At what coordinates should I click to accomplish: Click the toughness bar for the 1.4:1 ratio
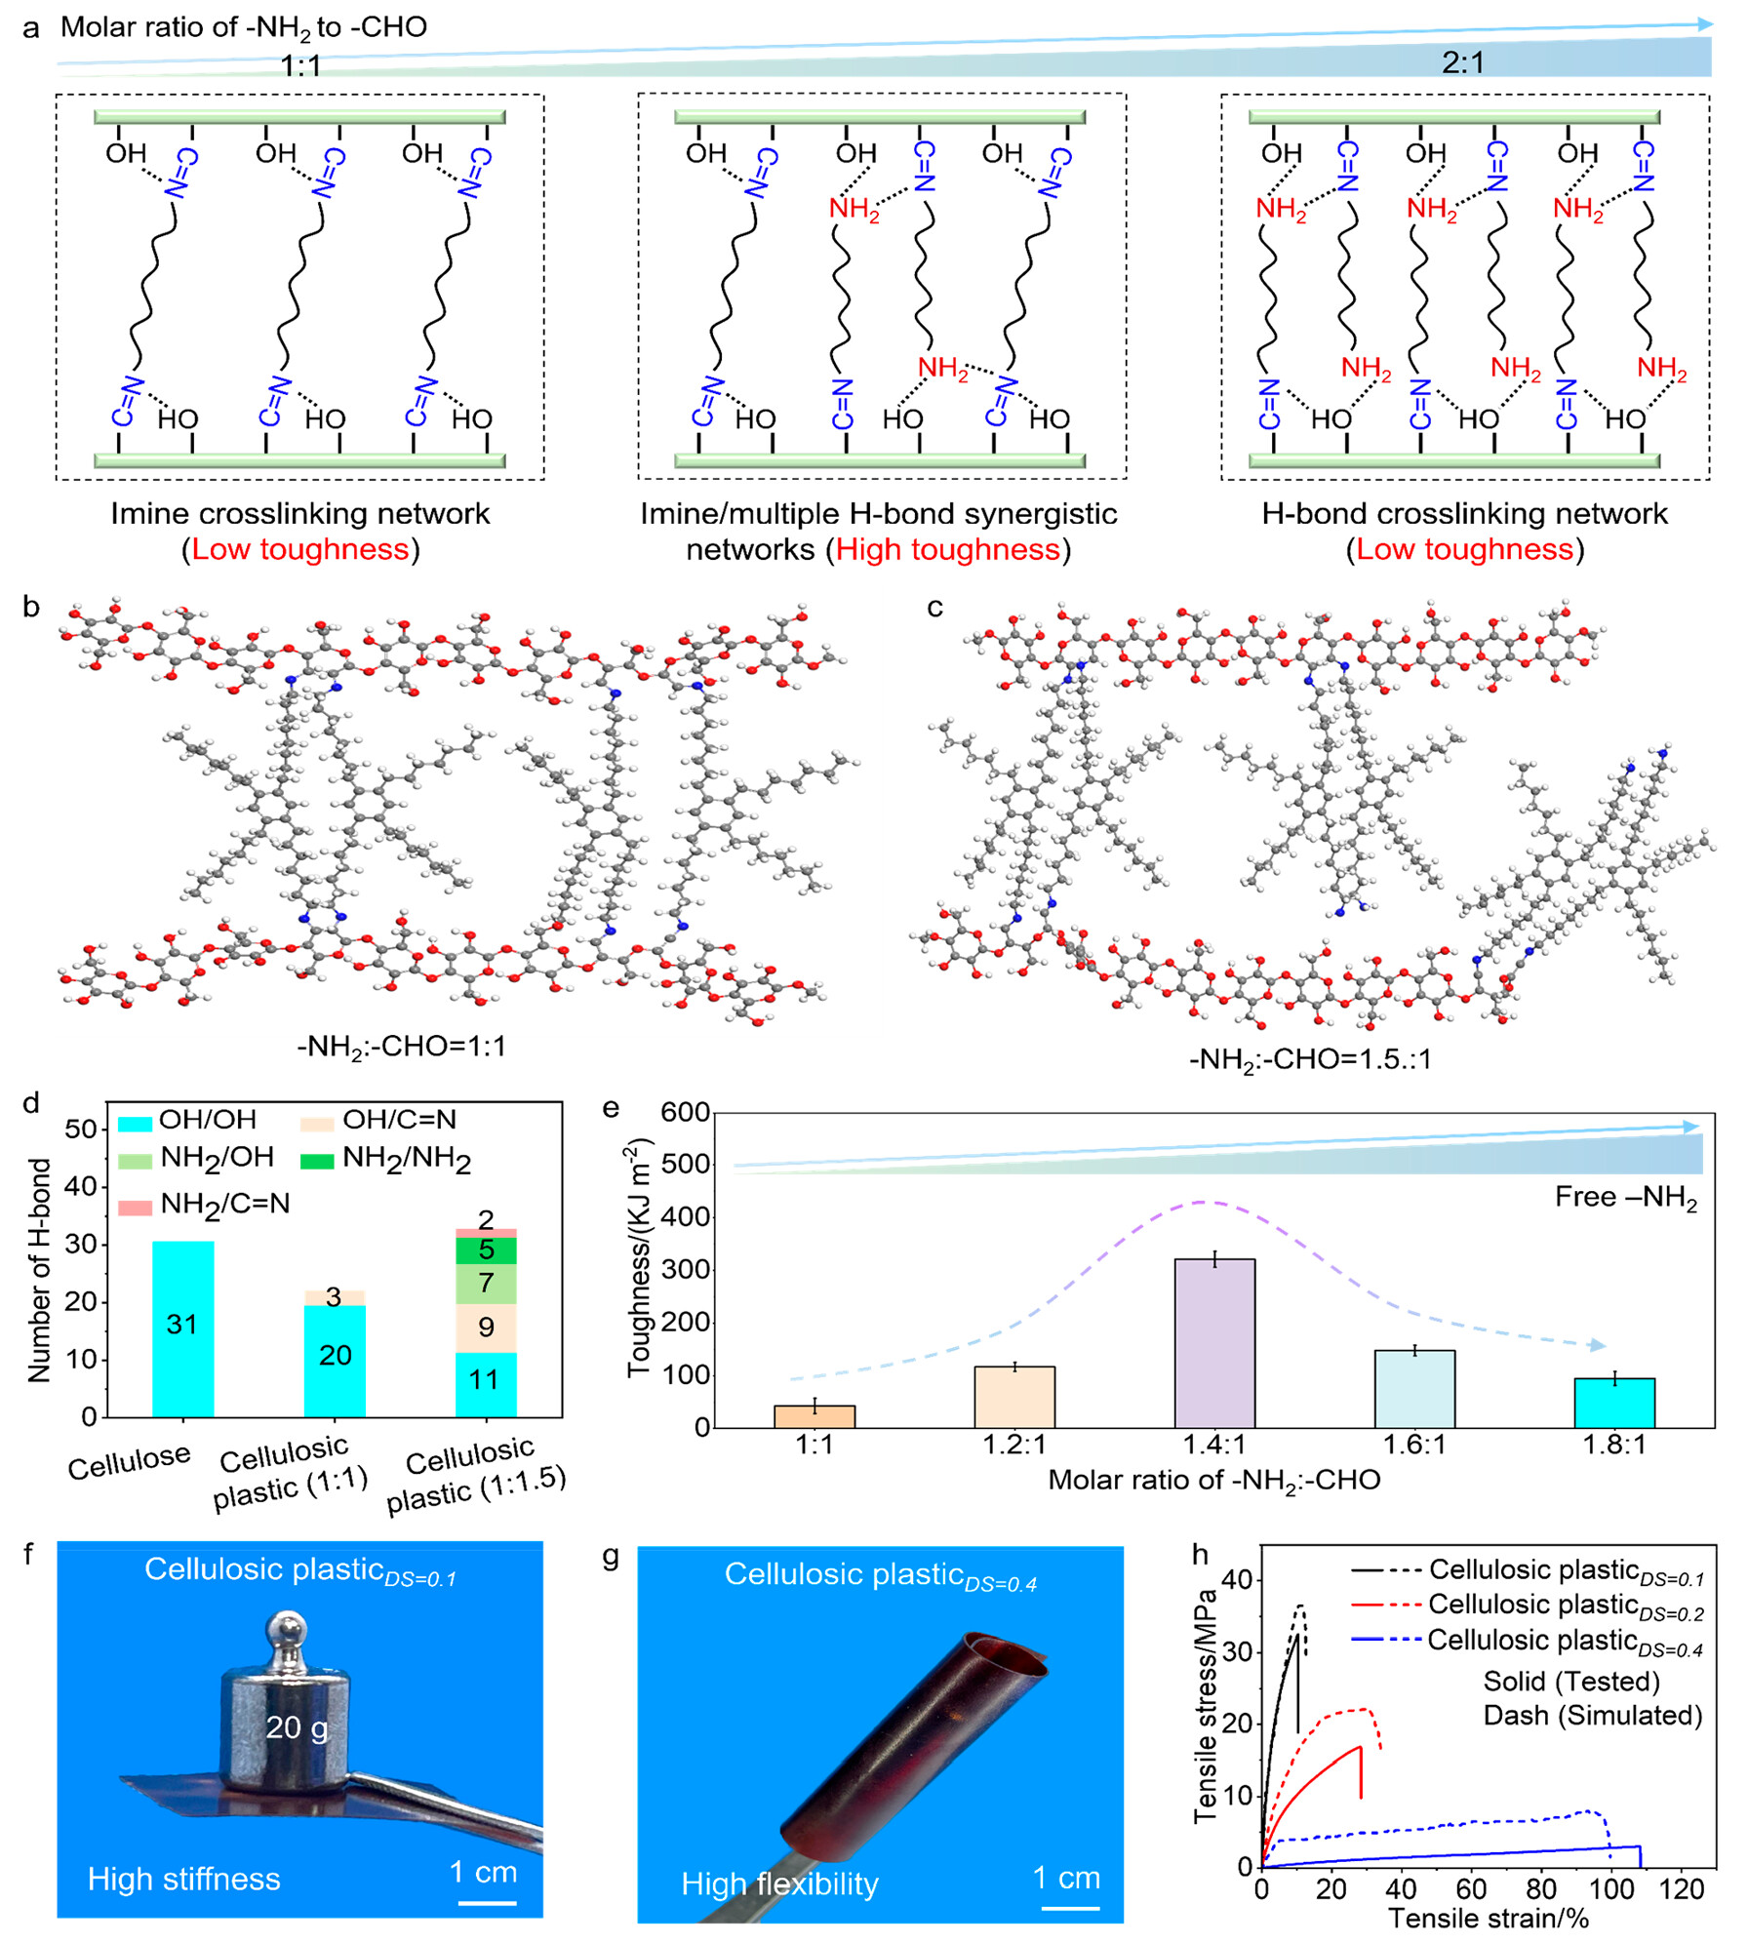point(1214,1343)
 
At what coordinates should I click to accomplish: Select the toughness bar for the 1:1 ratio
point(814,1416)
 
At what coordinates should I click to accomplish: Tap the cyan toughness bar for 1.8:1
point(1614,1403)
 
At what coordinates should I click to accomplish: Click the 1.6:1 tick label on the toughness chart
point(1414,1445)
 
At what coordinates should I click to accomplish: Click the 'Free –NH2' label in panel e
point(1626,1198)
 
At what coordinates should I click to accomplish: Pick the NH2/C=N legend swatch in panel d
point(136,1208)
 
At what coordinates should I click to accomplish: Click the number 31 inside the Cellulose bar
point(182,1325)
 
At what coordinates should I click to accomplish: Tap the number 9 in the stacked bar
point(486,1327)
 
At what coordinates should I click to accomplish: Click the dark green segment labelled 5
point(486,1250)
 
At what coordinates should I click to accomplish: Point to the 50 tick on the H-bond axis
point(80,1130)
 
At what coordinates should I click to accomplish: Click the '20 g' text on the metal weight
point(298,1728)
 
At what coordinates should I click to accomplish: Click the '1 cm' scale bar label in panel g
point(1066,1877)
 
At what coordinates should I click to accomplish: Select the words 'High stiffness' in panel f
point(184,1879)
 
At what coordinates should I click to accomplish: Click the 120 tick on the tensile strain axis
point(1681,1888)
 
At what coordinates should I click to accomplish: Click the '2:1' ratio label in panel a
point(1462,63)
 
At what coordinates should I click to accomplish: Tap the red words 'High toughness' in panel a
point(947,550)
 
